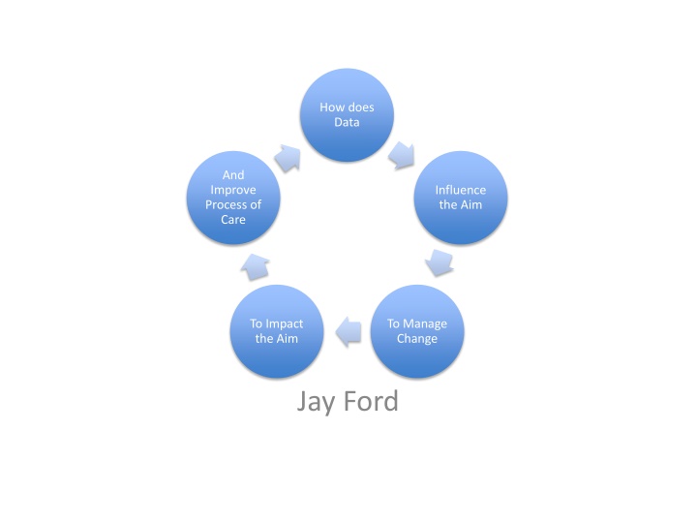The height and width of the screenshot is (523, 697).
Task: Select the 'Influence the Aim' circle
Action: tap(462, 198)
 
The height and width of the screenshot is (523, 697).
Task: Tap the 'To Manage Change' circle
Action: tap(417, 331)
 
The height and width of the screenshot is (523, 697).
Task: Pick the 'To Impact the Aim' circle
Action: tap(276, 331)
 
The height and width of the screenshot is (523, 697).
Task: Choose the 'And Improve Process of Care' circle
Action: tap(233, 198)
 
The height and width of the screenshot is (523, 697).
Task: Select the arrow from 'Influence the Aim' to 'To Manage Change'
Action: tap(440, 262)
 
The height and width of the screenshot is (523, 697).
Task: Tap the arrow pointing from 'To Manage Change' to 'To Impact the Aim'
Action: tap(348, 332)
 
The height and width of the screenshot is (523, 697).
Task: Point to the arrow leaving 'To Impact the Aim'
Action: tap(255, 263)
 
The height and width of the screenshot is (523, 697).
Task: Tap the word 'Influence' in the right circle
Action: tap(462, 190)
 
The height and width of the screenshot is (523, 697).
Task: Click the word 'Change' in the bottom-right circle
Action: tap(417, 339)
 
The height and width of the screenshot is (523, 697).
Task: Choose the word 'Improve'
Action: tap(233, 190)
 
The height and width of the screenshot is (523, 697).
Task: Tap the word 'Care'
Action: tap(233, 220)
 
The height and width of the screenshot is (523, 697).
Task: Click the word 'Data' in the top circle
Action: tap(347, 123)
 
